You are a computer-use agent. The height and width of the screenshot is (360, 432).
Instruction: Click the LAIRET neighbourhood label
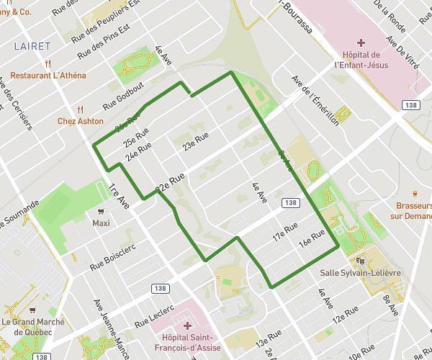pyautogui.click(x=32, y=46)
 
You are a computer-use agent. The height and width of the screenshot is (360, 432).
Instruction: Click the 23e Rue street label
pyautogui.click(x=195, y=141)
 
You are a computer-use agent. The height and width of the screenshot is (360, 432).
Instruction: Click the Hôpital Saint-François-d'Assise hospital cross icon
pyautogui.click(x=187, y=325)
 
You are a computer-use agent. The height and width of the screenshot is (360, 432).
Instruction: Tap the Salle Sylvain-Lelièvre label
pyautogui.click(x=361, y=274)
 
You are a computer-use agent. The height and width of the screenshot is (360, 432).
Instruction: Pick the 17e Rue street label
pyautogui.click(x=284, y=233)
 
